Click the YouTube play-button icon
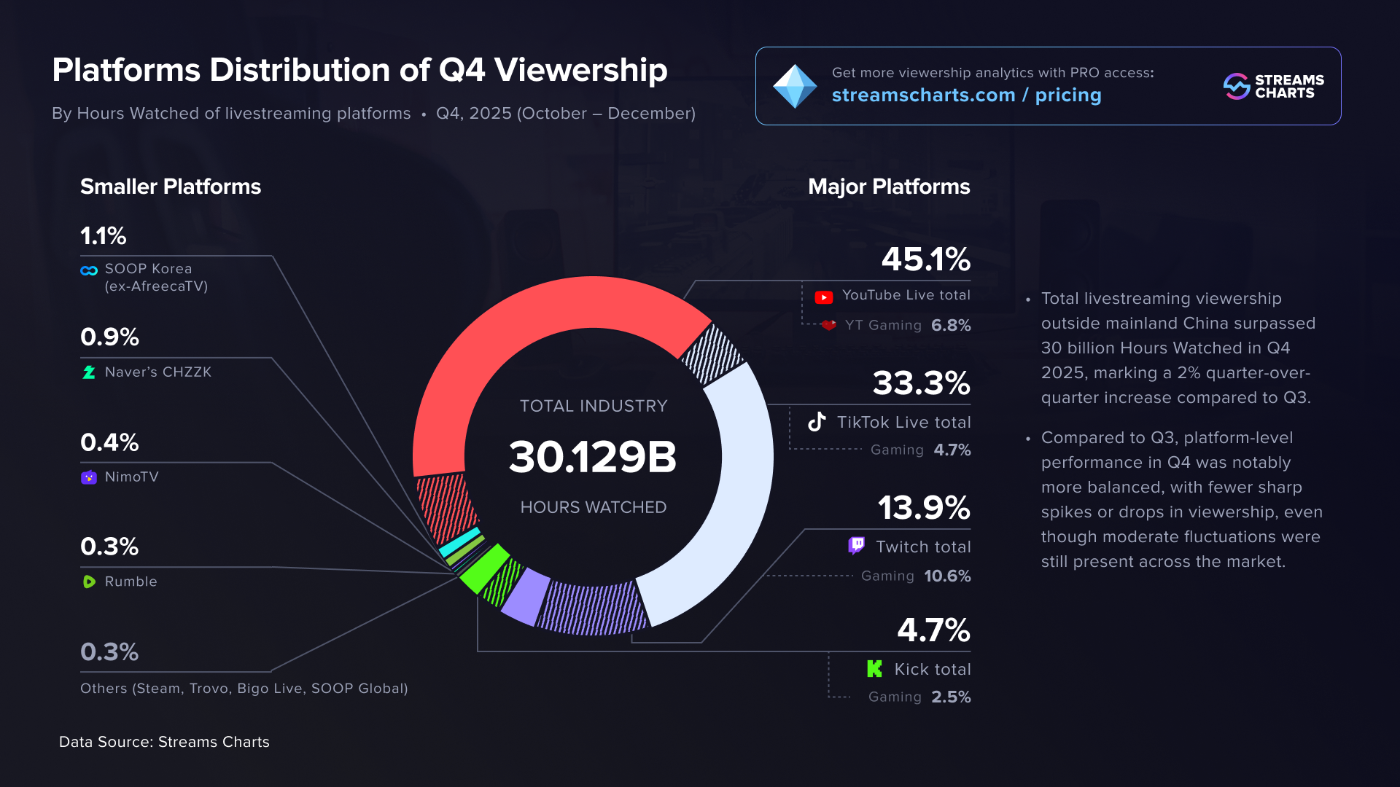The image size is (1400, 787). [823, 297]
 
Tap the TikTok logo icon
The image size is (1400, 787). [817, 422]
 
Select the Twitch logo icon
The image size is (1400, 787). [856, 546]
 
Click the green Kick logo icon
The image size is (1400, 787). [874, 669]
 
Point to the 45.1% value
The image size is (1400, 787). [925, 259]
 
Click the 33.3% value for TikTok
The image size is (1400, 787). [921, 383]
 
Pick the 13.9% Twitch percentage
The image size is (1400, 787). [923, 508]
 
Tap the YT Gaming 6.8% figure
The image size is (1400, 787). [951, 325]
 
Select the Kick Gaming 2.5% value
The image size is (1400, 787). [951, 697]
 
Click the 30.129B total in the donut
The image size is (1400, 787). [593, 457]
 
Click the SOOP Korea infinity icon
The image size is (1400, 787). [89, 270]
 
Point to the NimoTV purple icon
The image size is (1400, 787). [89, 477]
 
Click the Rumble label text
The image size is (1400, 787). [131, 582]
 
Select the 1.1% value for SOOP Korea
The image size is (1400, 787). [103, 236]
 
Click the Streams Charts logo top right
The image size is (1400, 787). [1273, 86]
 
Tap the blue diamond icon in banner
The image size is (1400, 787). [795, 86]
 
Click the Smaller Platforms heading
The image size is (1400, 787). [170, 187]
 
